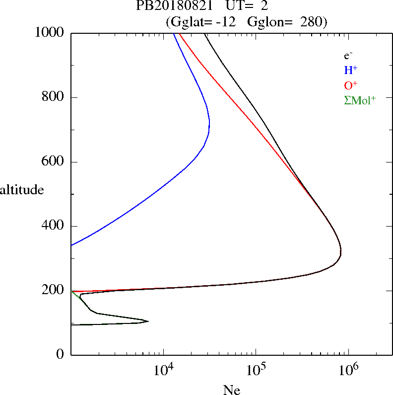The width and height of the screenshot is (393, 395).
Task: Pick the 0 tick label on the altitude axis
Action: click(61, 355)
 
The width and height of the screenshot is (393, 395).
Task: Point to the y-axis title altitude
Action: click(22, 190)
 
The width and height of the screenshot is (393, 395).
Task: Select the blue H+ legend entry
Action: click(351, 70)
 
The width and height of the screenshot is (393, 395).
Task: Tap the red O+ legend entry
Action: click(351, 85)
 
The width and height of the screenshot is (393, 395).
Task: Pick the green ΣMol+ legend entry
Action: click(360, 100)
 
